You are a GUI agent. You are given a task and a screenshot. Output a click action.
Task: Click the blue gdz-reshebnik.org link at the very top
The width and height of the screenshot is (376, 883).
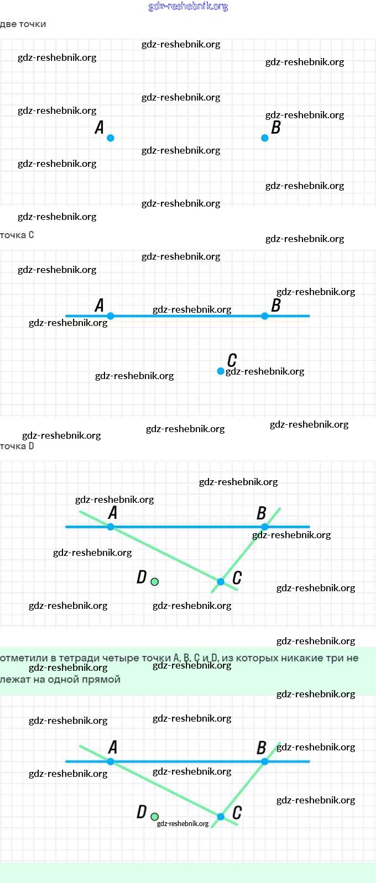click(188, 7)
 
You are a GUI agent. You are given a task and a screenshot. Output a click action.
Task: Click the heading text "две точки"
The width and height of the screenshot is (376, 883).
click(23, 24)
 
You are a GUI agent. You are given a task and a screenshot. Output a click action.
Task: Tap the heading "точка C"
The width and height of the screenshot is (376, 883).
click(17, 235)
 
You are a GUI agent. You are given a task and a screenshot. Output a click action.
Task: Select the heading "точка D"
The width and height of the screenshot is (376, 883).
click(17, 446)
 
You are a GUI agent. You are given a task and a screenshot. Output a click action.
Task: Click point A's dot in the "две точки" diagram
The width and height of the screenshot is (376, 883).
click(111, 138)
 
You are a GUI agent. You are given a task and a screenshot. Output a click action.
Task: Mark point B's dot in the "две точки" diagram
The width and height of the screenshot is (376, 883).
click(265, 138)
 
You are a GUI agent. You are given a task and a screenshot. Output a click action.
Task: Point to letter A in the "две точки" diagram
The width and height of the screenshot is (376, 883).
click(100, 128)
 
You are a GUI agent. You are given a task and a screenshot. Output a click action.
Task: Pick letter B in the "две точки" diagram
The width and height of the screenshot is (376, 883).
click(276, 128)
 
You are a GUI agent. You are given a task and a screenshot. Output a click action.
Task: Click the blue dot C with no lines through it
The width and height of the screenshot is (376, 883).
click(221, 371)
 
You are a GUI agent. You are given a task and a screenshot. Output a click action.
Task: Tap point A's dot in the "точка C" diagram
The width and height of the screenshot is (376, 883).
click(111, 316)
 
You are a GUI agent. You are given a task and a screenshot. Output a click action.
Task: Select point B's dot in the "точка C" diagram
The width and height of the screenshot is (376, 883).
click(265, 316)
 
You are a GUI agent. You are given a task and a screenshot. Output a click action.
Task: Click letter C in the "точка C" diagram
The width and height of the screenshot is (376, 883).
click(232, 360)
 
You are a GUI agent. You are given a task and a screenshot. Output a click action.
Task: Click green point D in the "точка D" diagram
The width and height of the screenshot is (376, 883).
click(155, 582)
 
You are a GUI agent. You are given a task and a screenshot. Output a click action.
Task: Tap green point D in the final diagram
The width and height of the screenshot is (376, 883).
click(155, 817)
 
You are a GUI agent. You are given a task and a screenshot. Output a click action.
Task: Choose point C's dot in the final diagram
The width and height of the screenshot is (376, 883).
click(221, 817)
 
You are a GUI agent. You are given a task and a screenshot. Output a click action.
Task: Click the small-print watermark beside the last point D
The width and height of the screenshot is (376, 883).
click(183, 824)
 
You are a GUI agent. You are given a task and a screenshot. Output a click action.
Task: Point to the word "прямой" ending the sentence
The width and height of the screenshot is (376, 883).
click(102, 680)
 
